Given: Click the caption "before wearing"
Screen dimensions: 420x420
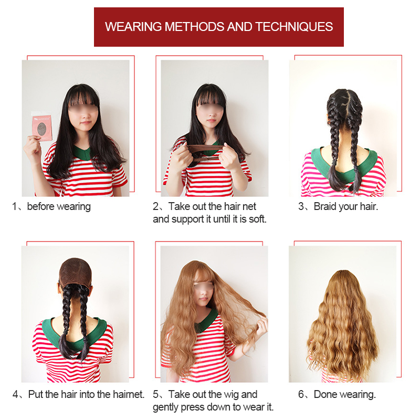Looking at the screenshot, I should (59, 207).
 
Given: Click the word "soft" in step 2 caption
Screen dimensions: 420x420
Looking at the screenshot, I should (257, 219).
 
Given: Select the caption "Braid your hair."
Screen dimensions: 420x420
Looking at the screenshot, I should (345, 207).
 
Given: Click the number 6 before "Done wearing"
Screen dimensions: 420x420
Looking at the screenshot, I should (301, 394).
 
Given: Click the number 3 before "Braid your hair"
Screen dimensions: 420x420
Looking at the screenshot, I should (301, 207).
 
